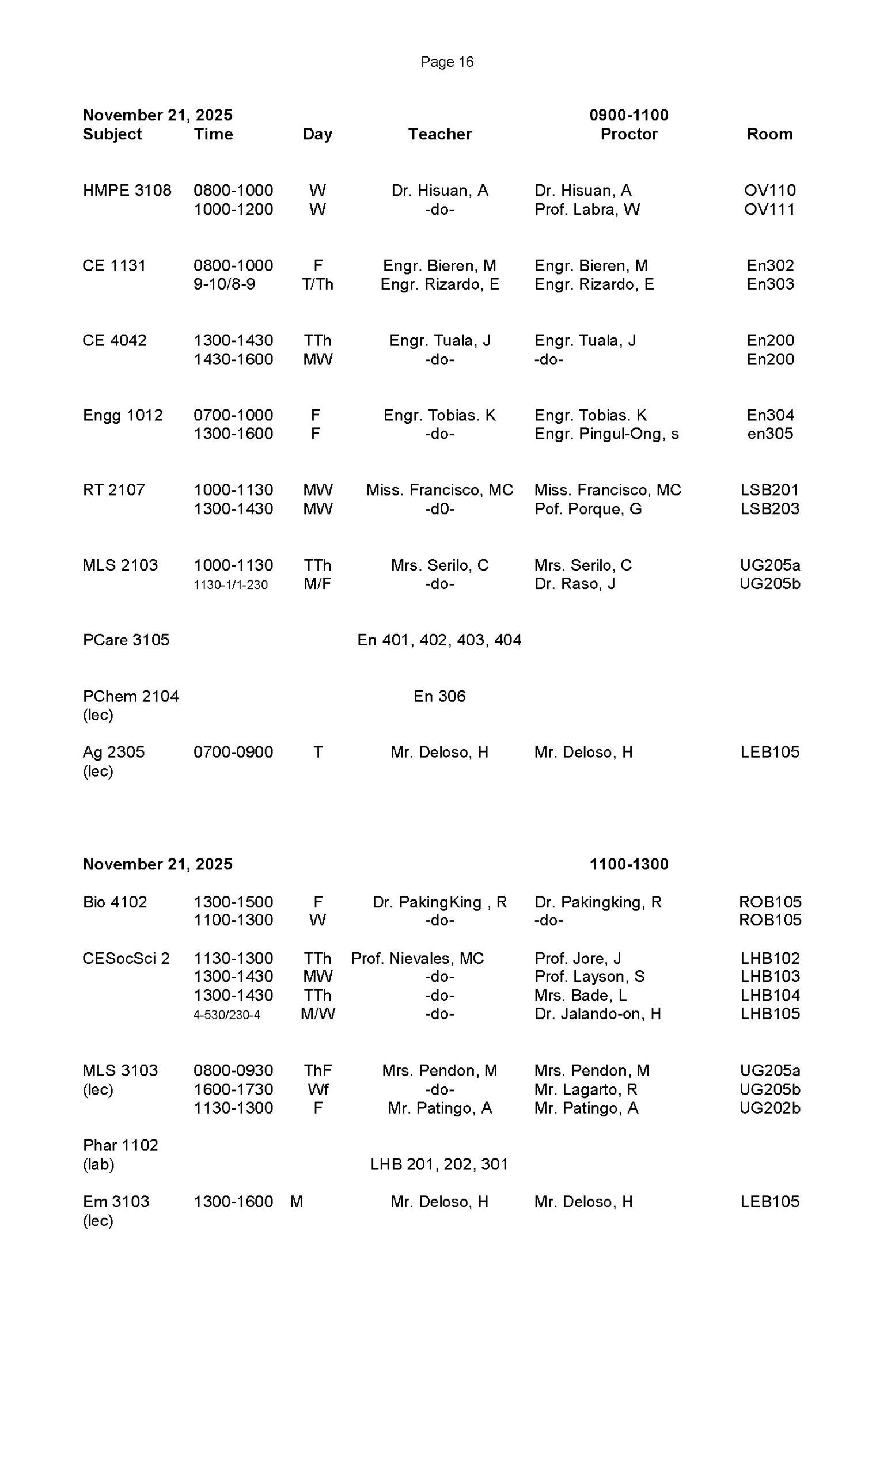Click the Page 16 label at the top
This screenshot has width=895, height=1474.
tap(447, 62)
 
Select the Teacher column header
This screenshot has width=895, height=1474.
tap(439, 134)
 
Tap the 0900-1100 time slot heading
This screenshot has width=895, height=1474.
tap(628, 115)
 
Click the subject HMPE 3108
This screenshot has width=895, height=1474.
tap(127, 190)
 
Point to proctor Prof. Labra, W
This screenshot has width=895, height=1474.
tap(587, 210)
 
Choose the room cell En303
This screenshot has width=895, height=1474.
tap(770, 284)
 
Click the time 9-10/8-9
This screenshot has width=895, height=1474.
tap(225, 284)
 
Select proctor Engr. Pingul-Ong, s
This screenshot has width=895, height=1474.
tap(606, 434)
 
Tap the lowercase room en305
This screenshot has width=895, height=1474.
tap(770, 434)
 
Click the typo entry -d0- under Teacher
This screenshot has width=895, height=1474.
tap(439, 509)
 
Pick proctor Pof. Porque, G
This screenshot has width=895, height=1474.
tap(587, 509)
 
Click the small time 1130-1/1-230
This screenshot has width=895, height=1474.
tap(230, 584)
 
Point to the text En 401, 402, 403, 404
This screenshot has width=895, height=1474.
tap(439, 640)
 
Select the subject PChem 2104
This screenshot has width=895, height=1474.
tap(130, 696)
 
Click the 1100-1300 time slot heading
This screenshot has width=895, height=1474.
tap(628, 864)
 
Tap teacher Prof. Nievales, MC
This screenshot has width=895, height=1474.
tap(417, 958)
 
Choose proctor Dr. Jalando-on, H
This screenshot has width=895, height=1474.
tap(597, 1014)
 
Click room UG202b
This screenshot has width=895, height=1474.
tap(770, 1108)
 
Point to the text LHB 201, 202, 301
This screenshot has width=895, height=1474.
tap(438, 1164)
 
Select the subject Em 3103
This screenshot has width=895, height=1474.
tap(116, 1201)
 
